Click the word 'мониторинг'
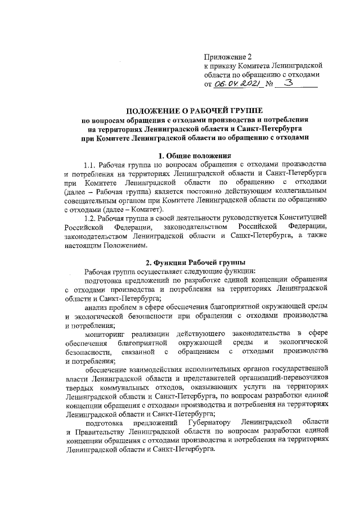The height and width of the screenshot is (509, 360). point(105,335)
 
